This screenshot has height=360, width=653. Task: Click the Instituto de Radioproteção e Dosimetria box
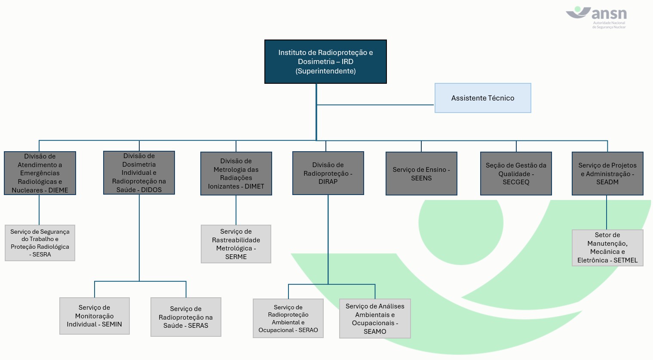[x=325, y=62]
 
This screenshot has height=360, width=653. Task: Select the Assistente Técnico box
[x=483, y=98]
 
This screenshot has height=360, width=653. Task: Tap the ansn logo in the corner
[x=596, y=17]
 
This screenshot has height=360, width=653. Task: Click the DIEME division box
[x=40, y=173]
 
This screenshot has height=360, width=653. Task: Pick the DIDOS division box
[x=139, y=173]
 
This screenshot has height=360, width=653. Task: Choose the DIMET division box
[x=236, y=174]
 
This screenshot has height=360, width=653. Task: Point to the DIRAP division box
[x=328, y=173]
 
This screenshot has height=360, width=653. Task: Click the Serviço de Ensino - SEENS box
[x=421, y=174]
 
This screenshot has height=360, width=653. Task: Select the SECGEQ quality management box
[x=516, y=174]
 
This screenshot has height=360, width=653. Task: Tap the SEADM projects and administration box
[x=607, y=174]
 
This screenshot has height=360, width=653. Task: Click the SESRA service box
[x=40, y=243]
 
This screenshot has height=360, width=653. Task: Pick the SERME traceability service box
[x=236, y=244]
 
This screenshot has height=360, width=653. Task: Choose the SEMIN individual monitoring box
[x=95, y=316]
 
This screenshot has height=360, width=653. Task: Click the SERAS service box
[x=186, y=317]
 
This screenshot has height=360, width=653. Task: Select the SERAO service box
[x=288, y=318]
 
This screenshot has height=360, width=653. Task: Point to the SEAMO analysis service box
[x=375, y=319]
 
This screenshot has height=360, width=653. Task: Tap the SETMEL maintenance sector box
[x=607, y=248]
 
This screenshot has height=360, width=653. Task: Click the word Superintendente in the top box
[x=325, y=71]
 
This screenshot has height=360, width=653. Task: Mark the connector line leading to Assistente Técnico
[x=375, y=105]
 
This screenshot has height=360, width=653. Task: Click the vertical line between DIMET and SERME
[x=236, y=210]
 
